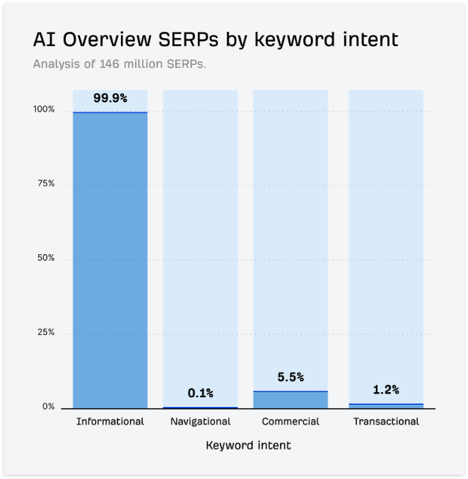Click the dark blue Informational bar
tap(110, 260)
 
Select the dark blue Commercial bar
tap(291, 400)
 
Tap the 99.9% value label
tap(110, 98)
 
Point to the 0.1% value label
tap(200, 393)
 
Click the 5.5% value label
tap(291, 377)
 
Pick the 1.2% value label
tap(386, 389)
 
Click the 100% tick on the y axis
tap(44, 110)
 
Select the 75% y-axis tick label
tap(46, 184)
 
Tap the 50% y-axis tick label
tap(46, 259)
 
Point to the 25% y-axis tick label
tap(46, 333)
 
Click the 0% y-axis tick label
tap(48, 407)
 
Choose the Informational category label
tap(110, 422)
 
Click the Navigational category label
tap(200, 422)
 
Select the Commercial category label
tap(291, 422)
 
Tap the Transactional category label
tap(386, 422)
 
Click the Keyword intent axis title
tap(248, 446)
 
